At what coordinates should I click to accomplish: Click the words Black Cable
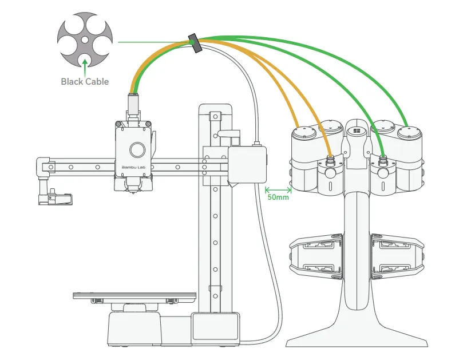click(x=85, y=81)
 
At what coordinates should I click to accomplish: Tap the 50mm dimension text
click(x=278, y=197)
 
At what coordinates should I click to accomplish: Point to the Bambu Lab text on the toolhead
click(x=133, y=167)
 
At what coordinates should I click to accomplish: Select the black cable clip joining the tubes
click(x=195, y=43)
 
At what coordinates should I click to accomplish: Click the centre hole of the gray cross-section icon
click(x=85, y=39)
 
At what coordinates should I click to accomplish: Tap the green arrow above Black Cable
click(x=85, y=68)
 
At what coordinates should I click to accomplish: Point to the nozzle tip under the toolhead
click(x=132, y=192)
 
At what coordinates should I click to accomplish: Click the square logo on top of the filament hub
click(x=357, y=131)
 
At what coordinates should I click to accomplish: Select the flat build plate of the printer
click(x=134, y=295)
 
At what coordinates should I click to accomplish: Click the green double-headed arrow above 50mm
click(x=278, y=191)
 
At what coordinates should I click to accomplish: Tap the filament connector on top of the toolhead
click(x=133, y=105)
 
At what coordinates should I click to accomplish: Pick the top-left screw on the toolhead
click(x=118, y=124)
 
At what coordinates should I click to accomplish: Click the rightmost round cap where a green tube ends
click(x=409, y=132)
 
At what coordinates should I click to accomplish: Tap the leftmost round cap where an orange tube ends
click(x=304, y=132)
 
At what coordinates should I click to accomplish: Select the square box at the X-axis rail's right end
click(x=247, y=165)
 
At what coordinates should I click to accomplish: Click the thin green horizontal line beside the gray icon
click(x=153, y=42)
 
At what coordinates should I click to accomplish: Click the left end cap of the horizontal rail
click(x=43, y=166)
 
